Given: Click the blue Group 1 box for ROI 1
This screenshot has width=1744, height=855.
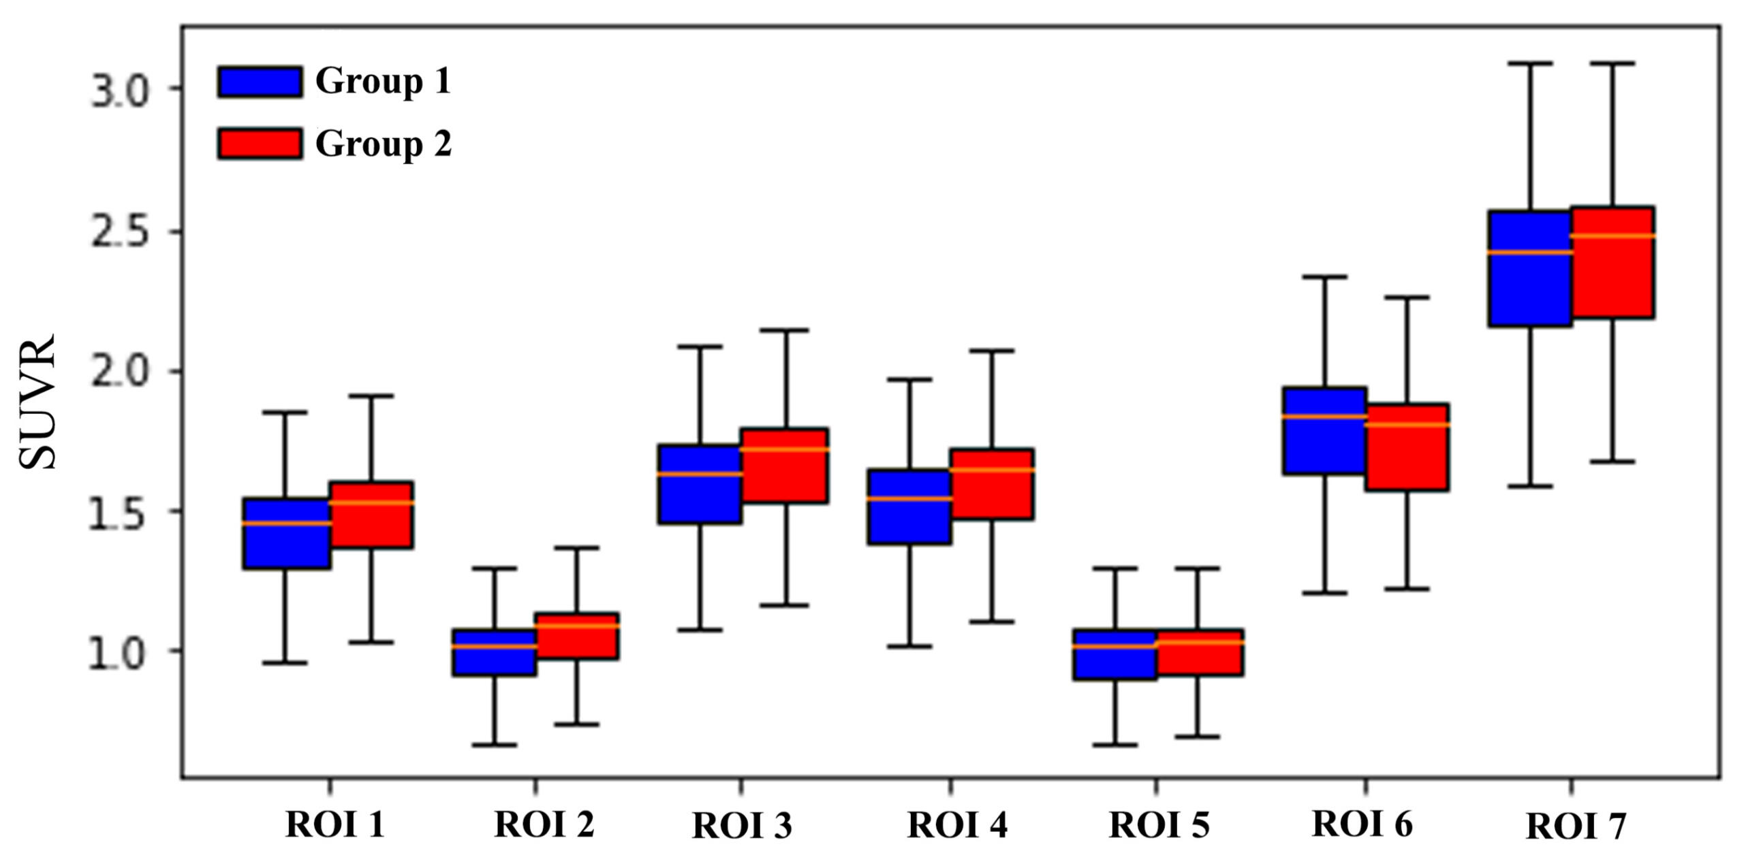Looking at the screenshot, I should click(287, 533).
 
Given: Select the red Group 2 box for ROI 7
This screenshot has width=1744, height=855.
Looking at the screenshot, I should click(1613, 262).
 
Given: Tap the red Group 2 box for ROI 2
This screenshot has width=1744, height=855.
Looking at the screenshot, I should click(577, 635).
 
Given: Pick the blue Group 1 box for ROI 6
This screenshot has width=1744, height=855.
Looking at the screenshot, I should click(1324, 430).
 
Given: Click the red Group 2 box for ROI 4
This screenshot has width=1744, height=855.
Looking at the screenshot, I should click(992, 484).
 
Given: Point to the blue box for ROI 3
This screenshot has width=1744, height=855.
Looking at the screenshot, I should click(700, 484).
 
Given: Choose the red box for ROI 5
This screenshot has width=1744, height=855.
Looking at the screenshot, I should click(1197, 652).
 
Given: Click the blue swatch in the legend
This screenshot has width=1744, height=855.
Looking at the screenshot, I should click(260, 82).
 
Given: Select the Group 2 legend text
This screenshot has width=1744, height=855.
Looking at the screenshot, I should click(383, 144).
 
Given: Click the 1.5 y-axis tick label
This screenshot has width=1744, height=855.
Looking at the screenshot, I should click(119, 514).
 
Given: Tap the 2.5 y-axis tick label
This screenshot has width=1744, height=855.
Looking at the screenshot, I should click(119, 233).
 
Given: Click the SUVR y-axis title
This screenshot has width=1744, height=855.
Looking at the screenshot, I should click(37, 402).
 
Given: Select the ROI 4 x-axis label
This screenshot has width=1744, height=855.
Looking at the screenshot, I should click(956, 825).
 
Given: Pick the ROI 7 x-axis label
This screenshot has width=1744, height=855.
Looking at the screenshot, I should click(1576, 827).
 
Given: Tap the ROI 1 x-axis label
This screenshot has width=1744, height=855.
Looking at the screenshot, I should click(335, 825).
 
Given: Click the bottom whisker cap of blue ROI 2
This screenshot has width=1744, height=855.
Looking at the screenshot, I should click(495, 745).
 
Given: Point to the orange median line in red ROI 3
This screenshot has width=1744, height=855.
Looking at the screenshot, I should click(785, 449).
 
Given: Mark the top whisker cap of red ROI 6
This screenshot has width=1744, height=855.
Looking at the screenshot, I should click(1407, 297).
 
